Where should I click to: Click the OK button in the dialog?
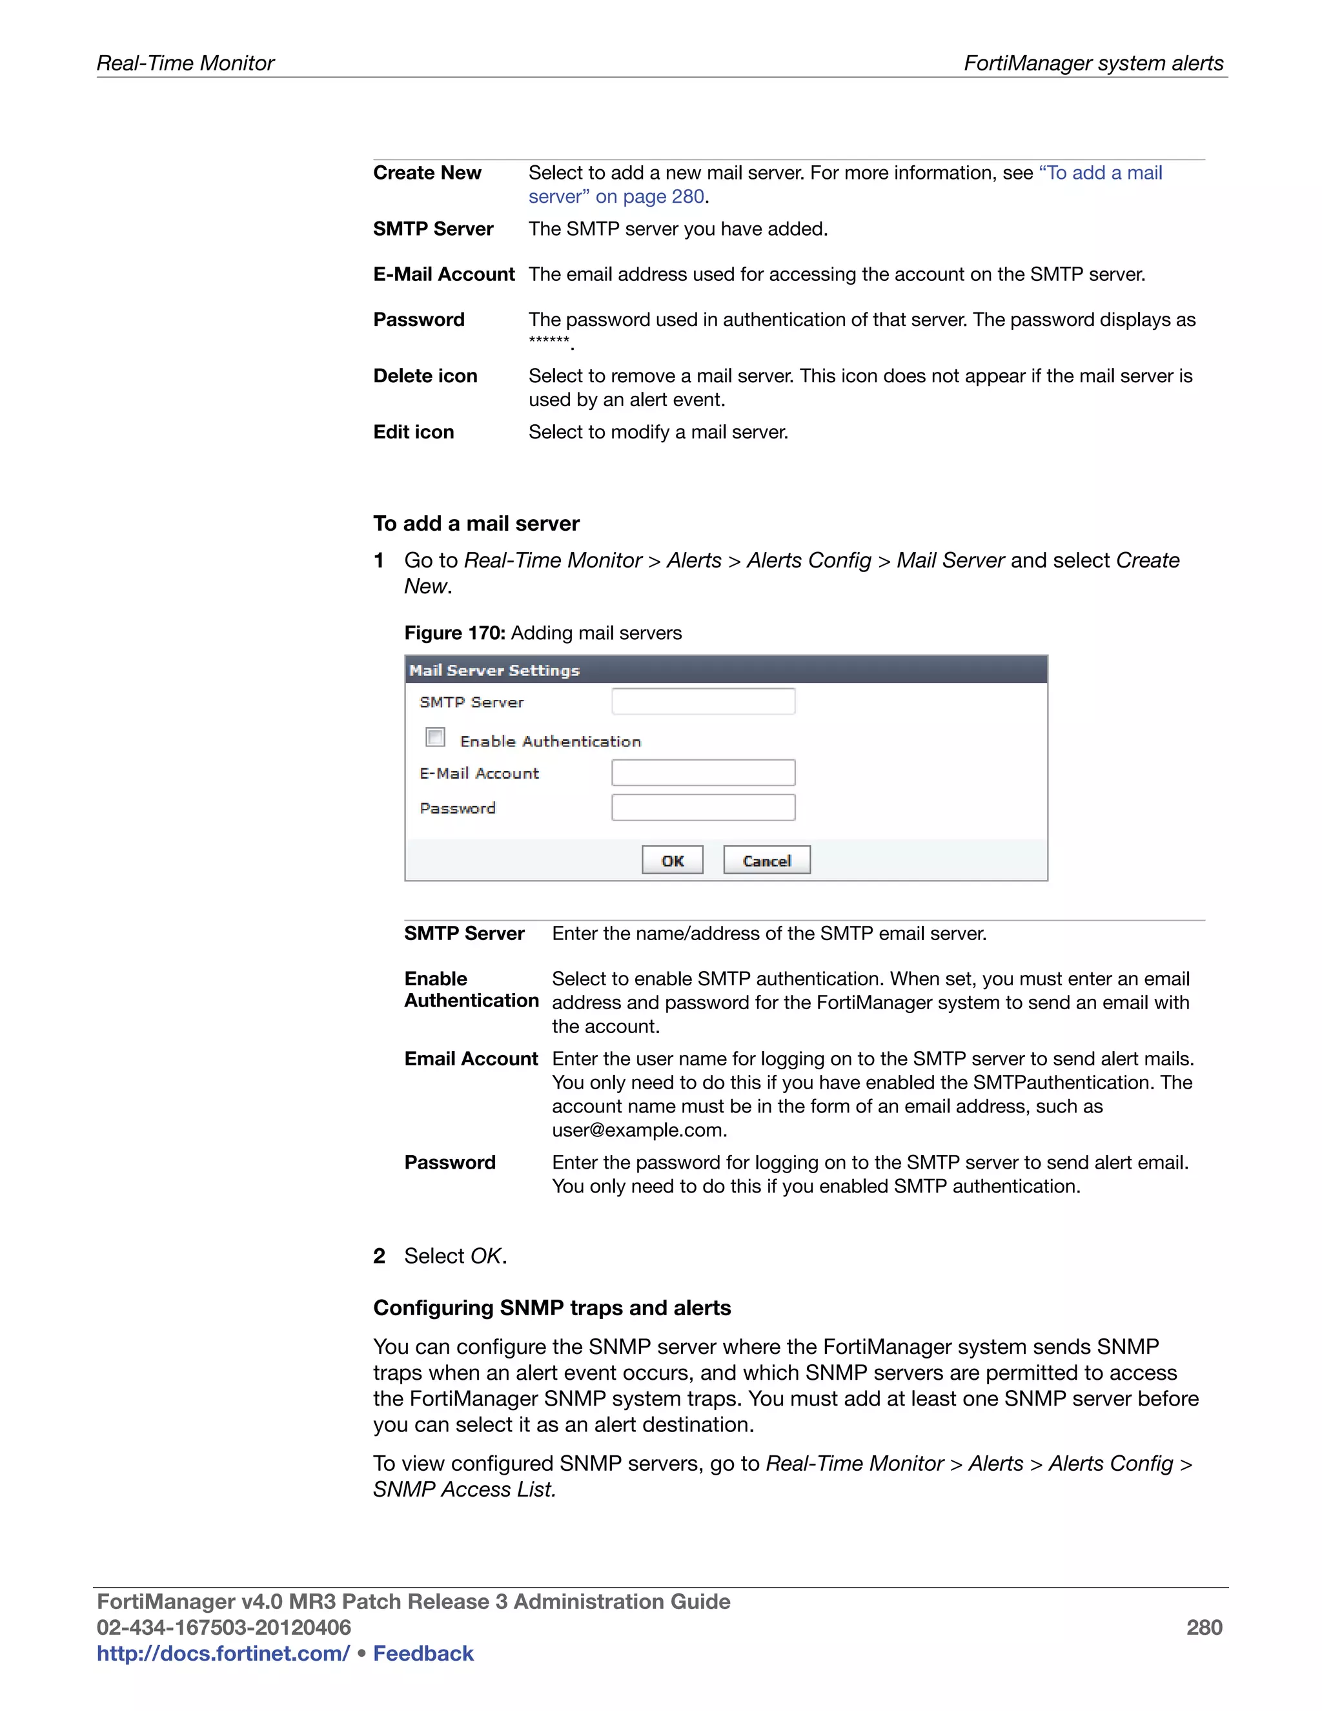coord(672,860)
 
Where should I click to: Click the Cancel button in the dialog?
coord(766,860)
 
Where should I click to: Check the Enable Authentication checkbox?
coord(436,737)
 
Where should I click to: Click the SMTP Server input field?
coord(702,701)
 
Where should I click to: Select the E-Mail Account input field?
coord(702,772)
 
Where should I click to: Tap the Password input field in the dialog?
coord(702,808)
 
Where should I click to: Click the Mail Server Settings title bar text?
coord(494,671)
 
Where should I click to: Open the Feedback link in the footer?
coord(423,1653)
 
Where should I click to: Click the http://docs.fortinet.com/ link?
coord(223,1653)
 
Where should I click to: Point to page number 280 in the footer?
coord(1204,1627)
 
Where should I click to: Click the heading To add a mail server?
coord(476,524)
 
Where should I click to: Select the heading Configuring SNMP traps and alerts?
coord(551,1307)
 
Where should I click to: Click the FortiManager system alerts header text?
coord(1093,63)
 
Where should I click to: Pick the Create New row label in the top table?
coord(427,172)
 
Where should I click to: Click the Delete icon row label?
coord(425,376)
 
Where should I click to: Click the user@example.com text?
coord(639,1130)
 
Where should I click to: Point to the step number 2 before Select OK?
coord(379,1256)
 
